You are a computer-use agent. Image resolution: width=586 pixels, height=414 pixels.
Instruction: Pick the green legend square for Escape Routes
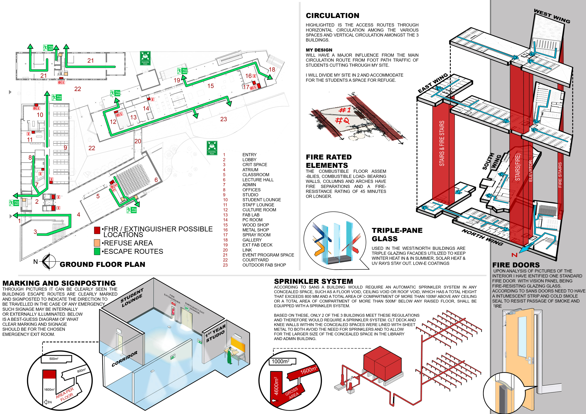coord(97,251)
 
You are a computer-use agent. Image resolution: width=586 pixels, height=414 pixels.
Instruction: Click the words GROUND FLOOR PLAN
coord(102,264)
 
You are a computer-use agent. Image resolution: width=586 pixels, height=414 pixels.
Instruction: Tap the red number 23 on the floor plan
coord(224,119)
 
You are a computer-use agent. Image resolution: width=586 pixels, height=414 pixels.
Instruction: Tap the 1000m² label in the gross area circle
coord(281,361)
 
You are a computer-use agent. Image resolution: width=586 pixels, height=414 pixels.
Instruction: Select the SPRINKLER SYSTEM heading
coord(313,281)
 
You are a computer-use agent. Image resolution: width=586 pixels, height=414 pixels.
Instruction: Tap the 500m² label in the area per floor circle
coord(54,359)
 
